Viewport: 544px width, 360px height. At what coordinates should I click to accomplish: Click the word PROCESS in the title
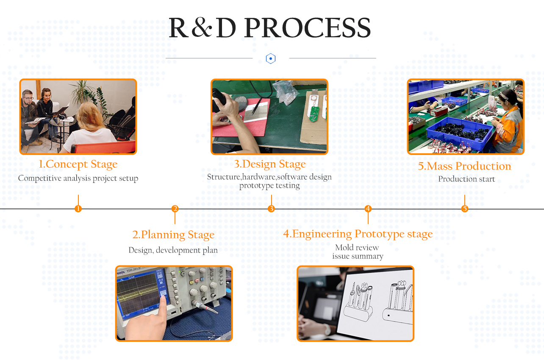(308, 28)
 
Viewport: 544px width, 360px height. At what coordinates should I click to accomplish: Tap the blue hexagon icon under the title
(271, 58)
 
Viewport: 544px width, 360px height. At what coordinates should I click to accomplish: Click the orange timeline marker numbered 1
(78, 208)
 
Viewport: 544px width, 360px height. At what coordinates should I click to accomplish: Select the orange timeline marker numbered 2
(175, 208)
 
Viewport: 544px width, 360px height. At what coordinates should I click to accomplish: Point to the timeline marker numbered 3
(271, 208)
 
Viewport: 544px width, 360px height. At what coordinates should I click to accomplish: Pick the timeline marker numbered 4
(368, 208)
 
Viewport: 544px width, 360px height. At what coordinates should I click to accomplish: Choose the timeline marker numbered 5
(465, 208)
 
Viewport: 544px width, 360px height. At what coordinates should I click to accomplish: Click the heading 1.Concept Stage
(78, 164)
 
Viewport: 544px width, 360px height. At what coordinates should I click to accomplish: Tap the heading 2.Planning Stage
(173, 235)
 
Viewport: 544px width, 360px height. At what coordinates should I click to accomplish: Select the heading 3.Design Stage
(269, 164)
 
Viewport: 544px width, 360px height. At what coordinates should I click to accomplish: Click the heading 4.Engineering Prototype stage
(358, 234)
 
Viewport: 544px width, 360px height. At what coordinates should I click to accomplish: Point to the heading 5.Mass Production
(464, 166)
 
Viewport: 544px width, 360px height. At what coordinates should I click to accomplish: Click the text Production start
(466, 179)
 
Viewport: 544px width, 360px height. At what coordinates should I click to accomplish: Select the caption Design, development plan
(173, 250)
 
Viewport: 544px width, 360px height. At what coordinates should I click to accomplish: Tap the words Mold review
(357, 248)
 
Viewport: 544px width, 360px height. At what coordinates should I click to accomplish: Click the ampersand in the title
(202, 27)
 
